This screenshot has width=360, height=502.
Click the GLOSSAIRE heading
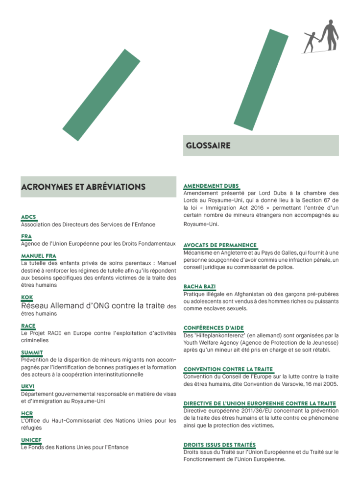[208, 146]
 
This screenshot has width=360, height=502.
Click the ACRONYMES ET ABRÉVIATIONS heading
[83, 187]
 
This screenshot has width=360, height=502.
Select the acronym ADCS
[28, 217]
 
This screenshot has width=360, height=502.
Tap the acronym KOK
[27, 297]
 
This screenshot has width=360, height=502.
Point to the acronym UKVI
[28, 386]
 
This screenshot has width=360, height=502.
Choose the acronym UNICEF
[31, 440]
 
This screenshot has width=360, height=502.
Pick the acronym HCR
[27, 413]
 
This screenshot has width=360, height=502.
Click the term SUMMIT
[32, 352]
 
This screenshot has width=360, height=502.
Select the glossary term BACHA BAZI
[199, 286]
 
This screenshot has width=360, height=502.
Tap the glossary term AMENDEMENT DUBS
[211, 186]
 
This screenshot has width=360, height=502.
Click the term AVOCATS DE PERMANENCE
[220, 245]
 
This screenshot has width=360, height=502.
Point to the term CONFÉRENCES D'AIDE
[214, 327]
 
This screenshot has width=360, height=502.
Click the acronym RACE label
[28, 326]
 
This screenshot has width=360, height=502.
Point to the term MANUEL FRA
[38, 256]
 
